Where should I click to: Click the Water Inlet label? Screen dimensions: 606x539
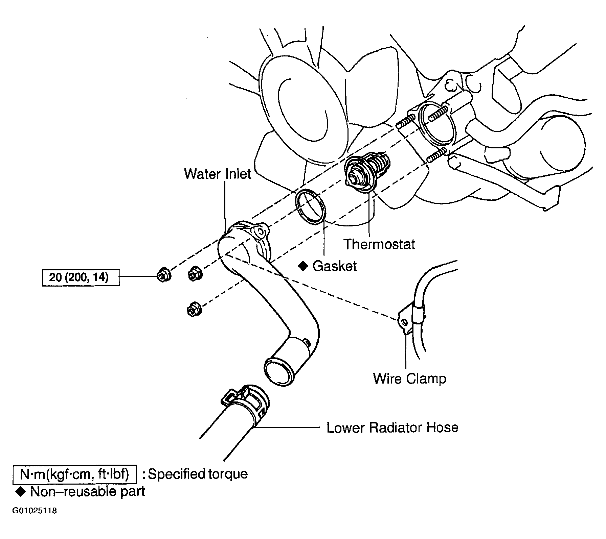[218, 174]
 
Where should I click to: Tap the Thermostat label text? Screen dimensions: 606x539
[379, 244]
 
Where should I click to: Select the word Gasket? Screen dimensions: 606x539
[335, 266]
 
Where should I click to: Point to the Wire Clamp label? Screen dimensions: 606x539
[410, 378]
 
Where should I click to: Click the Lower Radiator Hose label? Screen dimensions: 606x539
[392, 428]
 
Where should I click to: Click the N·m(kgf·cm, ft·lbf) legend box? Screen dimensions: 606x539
[74, 474]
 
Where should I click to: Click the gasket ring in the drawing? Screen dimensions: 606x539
[311, 206]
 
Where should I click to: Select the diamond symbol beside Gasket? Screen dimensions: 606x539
[303, 266]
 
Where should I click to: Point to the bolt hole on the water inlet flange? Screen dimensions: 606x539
[260, 231]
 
